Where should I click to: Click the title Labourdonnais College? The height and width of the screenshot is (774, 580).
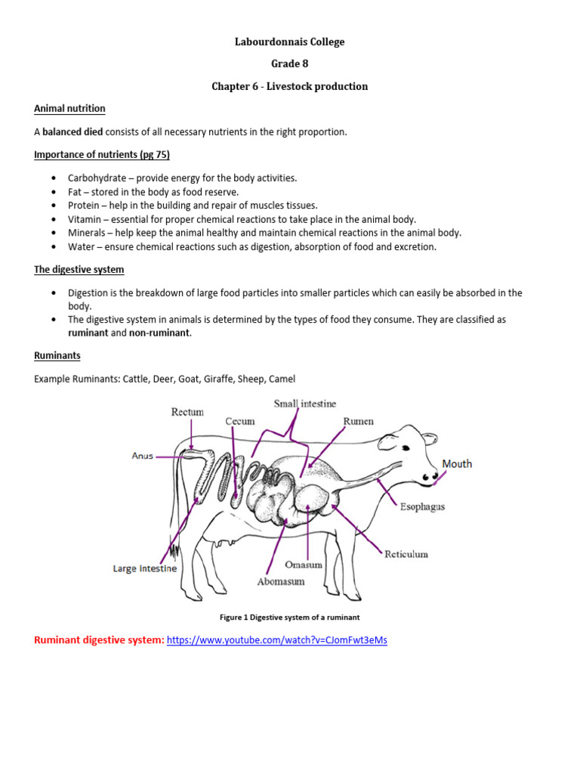289,42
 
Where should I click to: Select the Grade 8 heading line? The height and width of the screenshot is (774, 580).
289,64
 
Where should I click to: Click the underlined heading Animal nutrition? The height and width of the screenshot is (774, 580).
69,109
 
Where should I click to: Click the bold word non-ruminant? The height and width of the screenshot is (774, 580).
160,333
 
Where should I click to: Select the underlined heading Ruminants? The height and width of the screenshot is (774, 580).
57,355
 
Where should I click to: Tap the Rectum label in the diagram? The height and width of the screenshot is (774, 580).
187,412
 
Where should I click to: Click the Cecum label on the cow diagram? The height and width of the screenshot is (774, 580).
239,421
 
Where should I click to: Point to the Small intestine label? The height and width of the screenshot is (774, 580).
304,404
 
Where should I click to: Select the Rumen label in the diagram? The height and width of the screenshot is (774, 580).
358,421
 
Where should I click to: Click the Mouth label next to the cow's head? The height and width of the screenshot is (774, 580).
457,464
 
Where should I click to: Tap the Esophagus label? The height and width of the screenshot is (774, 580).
421,507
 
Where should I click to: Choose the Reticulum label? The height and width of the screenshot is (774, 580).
406,554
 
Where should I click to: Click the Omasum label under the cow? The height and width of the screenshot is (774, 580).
305,565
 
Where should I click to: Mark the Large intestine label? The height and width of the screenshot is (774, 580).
145,568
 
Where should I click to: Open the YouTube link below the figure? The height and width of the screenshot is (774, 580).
276,640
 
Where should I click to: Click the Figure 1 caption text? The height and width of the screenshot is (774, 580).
289,618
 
